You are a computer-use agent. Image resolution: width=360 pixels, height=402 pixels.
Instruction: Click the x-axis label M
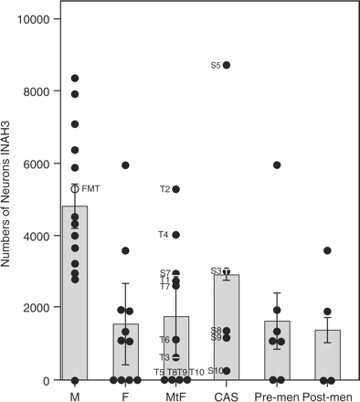coord(75,395)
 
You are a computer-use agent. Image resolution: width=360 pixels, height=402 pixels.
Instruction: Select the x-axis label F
coord(125,395)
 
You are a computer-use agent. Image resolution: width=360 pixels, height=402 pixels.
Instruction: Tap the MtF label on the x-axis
coord(175,395)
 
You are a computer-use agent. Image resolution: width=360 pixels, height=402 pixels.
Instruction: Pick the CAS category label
coord(227,395)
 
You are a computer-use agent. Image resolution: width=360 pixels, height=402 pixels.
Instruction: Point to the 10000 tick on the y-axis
coord(35,19)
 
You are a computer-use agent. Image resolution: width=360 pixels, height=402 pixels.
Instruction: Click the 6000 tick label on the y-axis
coord(37,164)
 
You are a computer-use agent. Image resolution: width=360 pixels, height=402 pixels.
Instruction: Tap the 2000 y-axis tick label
coord(37,308)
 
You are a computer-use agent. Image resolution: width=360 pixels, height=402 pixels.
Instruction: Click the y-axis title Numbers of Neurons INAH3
coord(9,201)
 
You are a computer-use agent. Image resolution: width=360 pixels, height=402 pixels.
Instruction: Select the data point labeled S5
coord(227,65)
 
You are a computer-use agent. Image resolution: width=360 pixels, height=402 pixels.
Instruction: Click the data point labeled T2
coord(176,189)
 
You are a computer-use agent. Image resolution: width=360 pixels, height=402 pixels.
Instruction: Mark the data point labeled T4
coord(176,235)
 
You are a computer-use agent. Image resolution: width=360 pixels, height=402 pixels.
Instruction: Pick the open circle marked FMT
coord(75,188)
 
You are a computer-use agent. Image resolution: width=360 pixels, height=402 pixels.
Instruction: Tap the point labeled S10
coord(227,371)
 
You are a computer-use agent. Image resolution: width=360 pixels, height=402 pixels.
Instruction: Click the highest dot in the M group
coord(75,79)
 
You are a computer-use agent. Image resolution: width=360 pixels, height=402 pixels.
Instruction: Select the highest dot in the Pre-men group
coord(277,165)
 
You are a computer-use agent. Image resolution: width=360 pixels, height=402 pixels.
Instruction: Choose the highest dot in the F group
coord(125,165)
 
